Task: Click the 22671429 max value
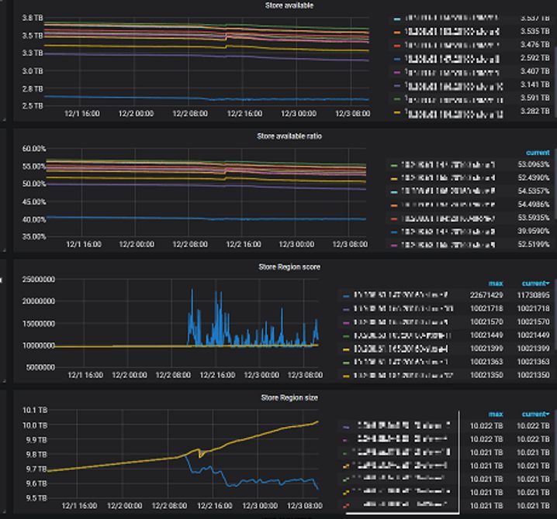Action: [483, 295]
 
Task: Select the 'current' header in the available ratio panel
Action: [538, 153]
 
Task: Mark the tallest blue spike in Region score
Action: [192, 289]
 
